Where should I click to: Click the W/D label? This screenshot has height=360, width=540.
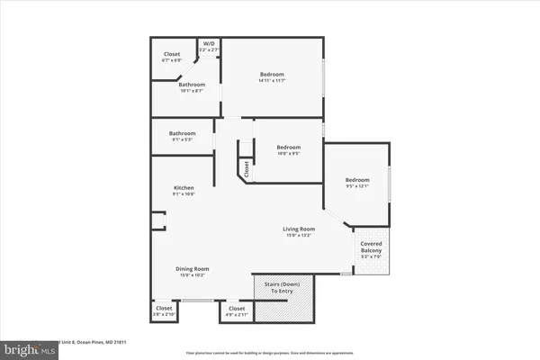point(209,43)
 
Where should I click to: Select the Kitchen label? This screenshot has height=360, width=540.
point(184,187)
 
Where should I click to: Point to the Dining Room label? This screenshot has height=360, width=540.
point(193,268)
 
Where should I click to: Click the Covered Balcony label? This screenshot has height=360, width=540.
point(372,247)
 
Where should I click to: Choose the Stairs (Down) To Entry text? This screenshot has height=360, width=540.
point(283,286)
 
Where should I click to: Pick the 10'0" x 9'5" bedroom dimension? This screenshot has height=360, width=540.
point(288,153)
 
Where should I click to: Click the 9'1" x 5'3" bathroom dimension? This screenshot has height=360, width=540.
point(182,139)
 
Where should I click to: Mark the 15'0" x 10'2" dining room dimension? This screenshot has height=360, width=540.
point(193,274)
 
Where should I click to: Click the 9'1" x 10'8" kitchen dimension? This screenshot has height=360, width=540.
point(184,193)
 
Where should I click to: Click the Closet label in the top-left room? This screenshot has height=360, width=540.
point(172,54)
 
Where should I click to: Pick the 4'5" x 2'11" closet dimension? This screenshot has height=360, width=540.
point(237,316)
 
